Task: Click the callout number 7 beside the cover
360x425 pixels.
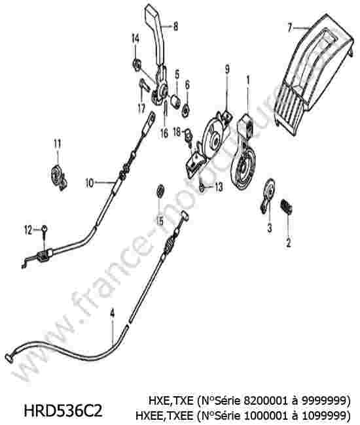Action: click(x=290, y=27)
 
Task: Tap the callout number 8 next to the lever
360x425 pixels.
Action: click(x=175, y=27)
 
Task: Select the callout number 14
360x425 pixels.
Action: click(x=135, y=39)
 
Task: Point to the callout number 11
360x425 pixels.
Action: click(x=57, y=144)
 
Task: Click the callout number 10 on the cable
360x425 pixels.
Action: click(x=90, y=183)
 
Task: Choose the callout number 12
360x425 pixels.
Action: click(x=29, y=230)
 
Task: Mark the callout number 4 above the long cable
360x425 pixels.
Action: click(x=112, y=313)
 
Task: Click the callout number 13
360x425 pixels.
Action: click(x=219, y=187)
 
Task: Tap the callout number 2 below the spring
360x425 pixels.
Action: click(x=288, y=243)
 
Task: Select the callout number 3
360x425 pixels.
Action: click(x=270, y=228)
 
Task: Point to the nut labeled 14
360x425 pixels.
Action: click(x=137, y=65)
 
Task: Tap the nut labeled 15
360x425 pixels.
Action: click(x=160, y=191)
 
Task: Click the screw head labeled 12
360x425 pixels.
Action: click(x=45, y=228)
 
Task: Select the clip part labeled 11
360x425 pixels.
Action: click(x=59, y=178)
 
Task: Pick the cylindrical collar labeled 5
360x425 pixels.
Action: click(x=176, y=101)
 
